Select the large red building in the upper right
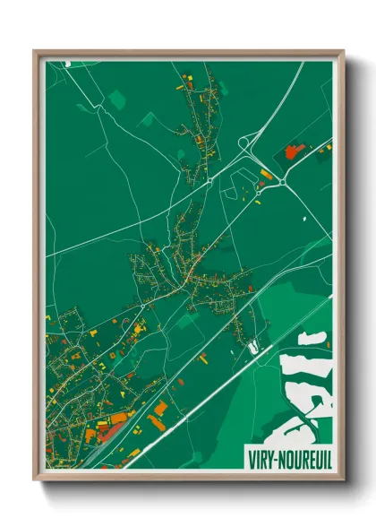tap(294, 151)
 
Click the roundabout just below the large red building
tap(283, 184)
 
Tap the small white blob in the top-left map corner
tap(68, 64)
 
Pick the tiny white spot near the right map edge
tap(304, 218)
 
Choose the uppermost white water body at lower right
tap(312, 338)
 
